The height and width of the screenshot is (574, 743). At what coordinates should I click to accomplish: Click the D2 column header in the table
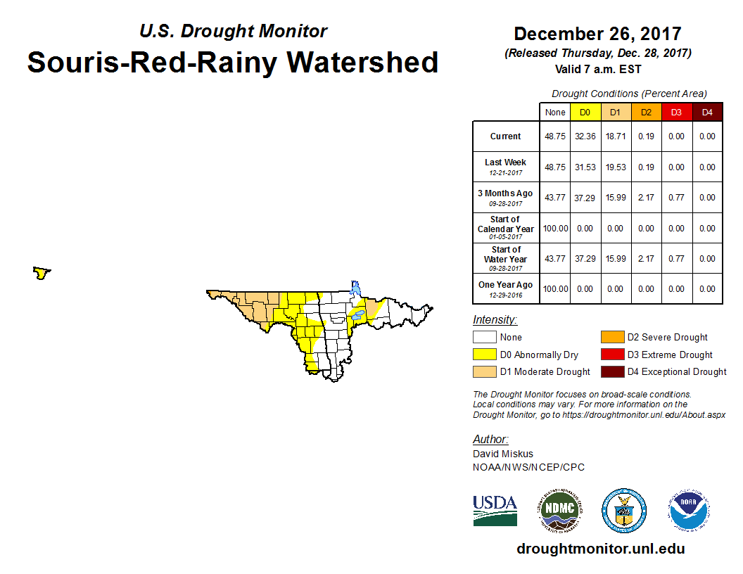click(646, 113)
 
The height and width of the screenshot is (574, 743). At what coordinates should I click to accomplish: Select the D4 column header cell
click(707, 113)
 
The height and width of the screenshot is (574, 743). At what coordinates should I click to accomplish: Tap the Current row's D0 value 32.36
click(585, 136)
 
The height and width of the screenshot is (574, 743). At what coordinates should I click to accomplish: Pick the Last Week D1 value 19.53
click(616, 167)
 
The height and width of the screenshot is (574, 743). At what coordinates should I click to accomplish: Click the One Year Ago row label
click(505, 288)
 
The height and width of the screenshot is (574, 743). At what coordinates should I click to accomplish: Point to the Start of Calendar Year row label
click(505, 228)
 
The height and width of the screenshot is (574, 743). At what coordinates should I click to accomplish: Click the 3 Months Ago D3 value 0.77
click(677, 198)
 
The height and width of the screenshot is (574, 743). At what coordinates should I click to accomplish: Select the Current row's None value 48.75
click(555, 136)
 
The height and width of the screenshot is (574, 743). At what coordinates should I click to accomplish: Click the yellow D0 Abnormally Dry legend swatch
click(485, 355)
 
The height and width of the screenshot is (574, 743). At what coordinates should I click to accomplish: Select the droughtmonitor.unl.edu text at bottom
click(600, 549)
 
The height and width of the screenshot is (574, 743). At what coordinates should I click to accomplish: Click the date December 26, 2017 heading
click(597, 34)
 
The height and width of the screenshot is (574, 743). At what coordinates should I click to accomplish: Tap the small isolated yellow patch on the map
click(42, 273)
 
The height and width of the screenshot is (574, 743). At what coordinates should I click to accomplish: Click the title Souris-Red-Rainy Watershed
click(233, 63)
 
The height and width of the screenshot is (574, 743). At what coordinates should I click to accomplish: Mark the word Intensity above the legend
click(495, 320)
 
